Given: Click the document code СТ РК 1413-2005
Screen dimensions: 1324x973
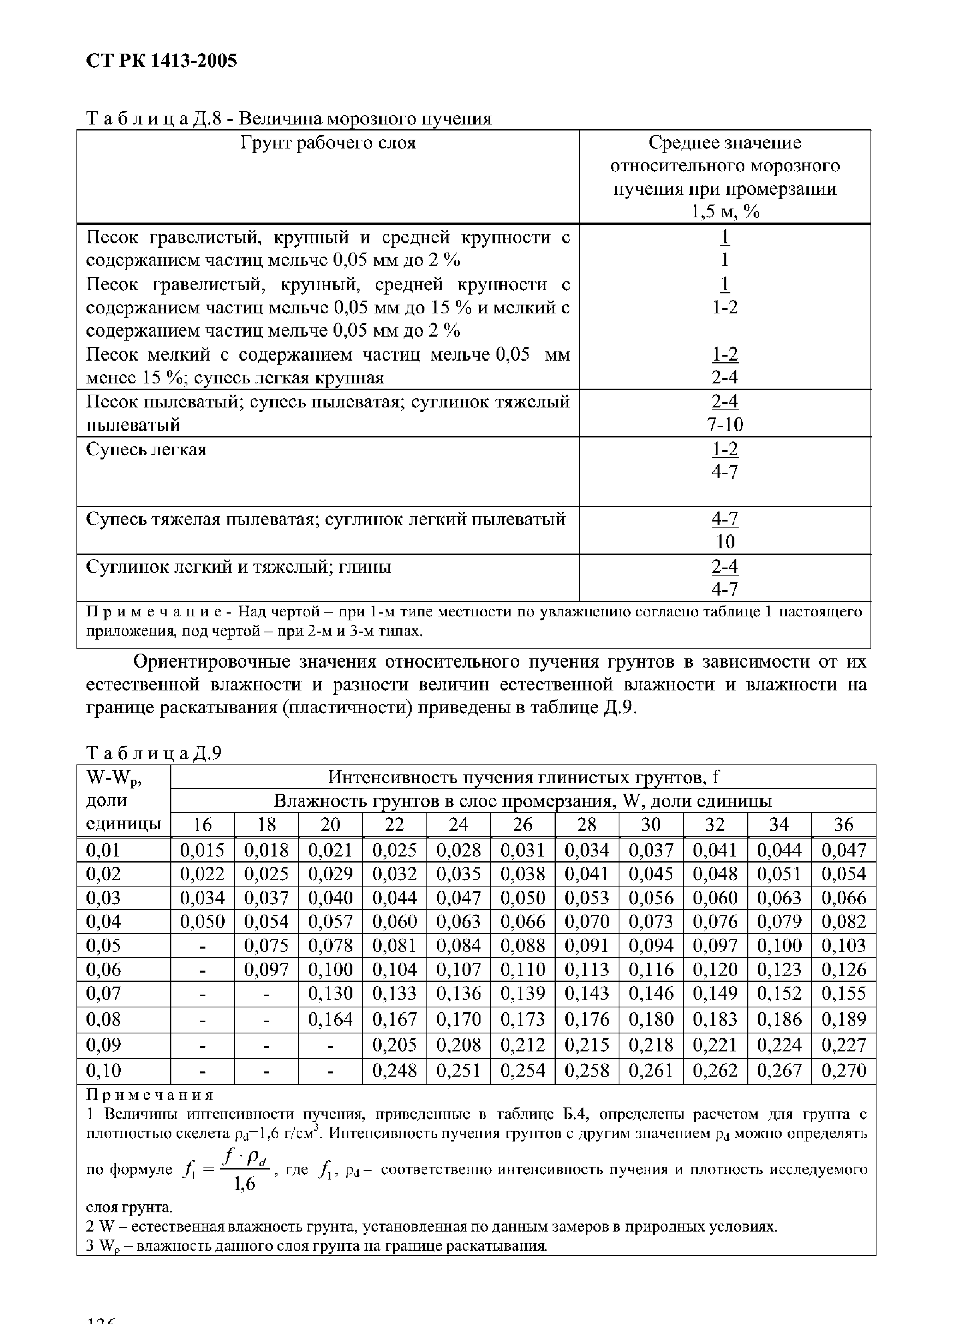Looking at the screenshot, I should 161,61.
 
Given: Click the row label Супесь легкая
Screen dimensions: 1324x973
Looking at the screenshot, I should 146,450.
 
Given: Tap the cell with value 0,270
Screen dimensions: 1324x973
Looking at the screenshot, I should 843,1070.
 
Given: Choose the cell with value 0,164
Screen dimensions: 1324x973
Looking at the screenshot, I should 330,1019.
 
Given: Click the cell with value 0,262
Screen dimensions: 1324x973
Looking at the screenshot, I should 715,1070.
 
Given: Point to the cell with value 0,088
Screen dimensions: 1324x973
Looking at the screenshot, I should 523,945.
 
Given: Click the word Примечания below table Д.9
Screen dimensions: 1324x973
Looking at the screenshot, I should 150,1095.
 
